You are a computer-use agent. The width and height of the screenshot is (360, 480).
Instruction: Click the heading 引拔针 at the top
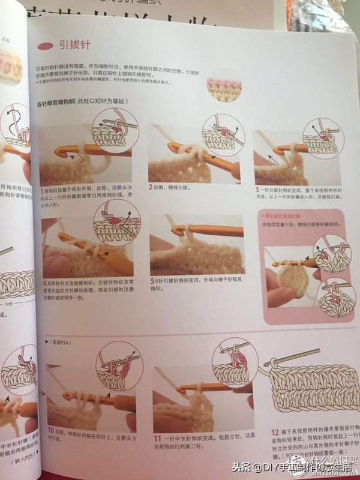click(x=74, y=44)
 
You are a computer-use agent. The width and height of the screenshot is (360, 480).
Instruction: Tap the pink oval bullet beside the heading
click(x=46, y=45)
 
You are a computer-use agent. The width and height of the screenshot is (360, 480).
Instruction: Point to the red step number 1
click(x=41, y=190)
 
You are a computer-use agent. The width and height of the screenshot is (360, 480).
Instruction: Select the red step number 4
click(x=46, y=281)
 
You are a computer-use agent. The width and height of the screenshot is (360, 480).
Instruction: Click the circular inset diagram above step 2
click(x=223, y=135)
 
